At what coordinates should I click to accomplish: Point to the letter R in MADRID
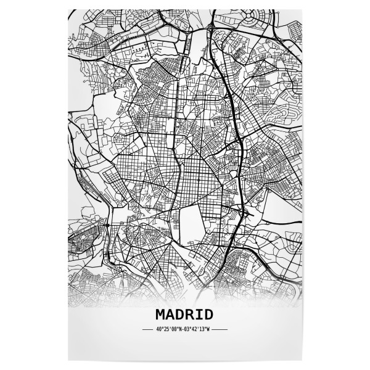point(188,314)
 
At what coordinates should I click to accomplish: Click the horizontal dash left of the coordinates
point(147,329)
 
